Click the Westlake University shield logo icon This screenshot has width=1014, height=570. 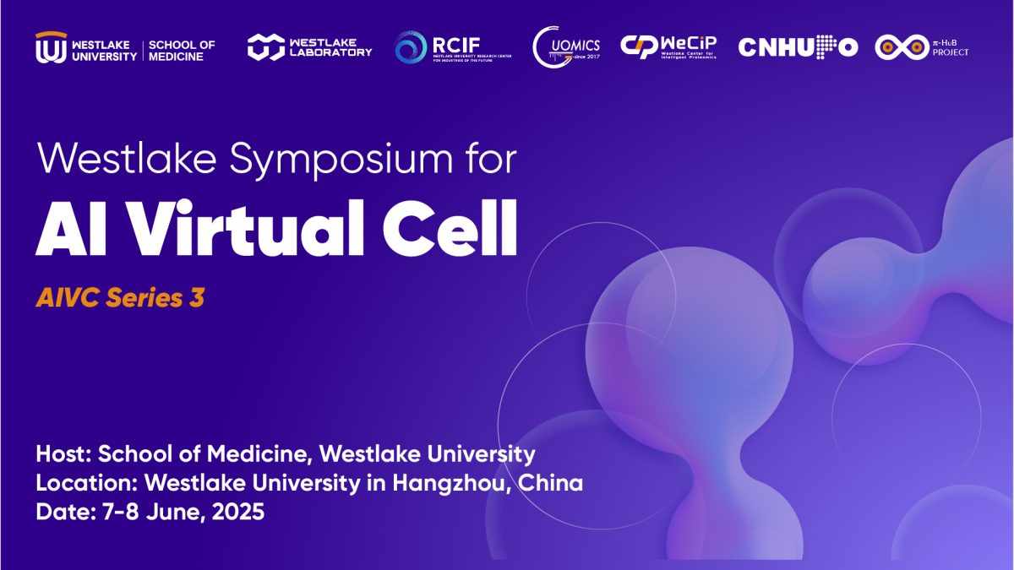[50, 47]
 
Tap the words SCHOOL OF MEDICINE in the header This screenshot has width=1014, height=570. [182, 50]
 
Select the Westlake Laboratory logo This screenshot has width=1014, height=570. [309, 47]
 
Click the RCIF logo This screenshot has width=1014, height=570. [452, 47]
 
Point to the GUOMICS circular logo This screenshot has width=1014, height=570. [566, 46]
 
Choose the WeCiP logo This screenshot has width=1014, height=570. [668, 46]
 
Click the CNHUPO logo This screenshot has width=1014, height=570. [798, 47]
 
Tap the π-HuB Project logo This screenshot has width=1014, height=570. [922, 47]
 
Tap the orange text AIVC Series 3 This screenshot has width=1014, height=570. [120, 298]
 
